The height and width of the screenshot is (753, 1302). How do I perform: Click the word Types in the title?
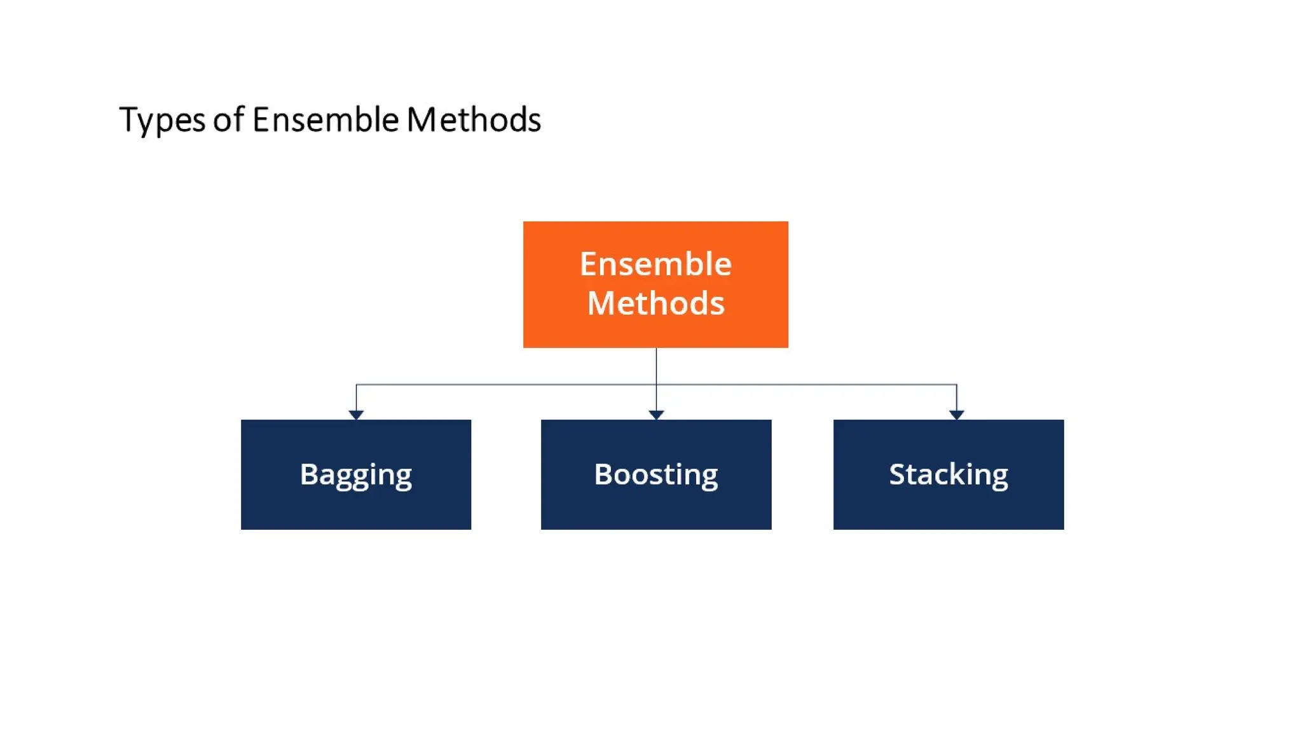coord(161,120)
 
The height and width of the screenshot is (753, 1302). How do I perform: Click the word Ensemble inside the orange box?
coord(655,264)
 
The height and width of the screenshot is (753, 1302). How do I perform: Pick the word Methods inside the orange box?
coord(655,303)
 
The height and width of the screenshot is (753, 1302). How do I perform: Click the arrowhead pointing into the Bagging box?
coord(356,415)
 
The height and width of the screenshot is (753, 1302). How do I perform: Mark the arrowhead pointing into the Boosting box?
coord(656,415)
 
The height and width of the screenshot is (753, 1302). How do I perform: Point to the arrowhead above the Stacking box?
coord(956,415)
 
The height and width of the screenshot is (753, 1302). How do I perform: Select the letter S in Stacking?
coord(898,474)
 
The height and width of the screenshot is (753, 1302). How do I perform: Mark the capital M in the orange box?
coord(601,303)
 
